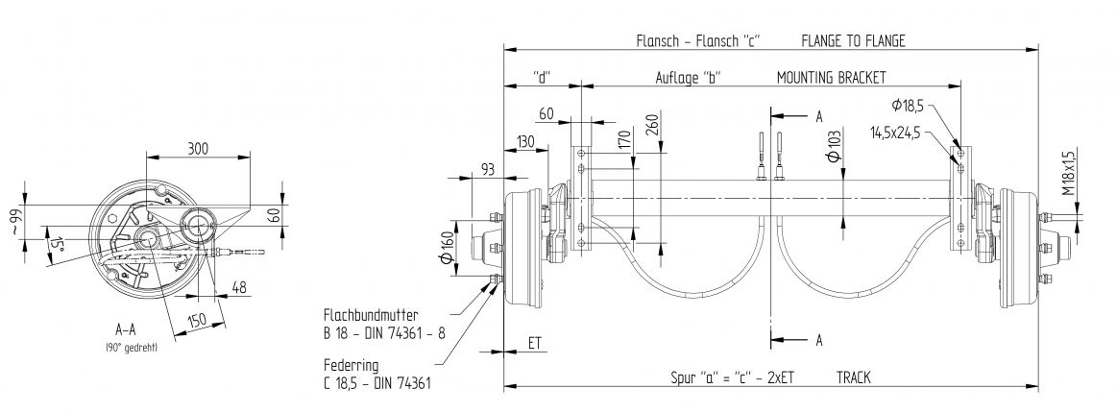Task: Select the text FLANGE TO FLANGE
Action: pos(853,40)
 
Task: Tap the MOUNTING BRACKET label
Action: pos(831,77)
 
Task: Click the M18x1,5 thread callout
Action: pos(1069,171)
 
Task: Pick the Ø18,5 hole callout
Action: pos(908,104)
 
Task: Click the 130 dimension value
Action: pos(525,141)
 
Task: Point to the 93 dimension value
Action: pos(487,170)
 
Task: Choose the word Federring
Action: pos(350,366)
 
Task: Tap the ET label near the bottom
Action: pos(535,341)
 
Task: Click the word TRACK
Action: pos(853,377)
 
